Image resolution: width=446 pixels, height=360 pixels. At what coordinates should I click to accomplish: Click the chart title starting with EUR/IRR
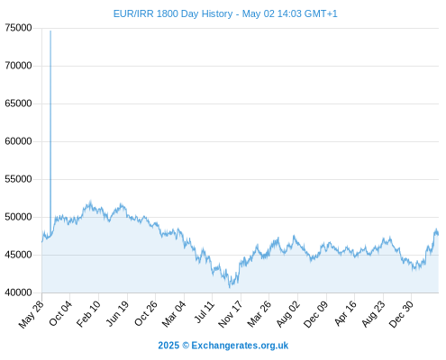click(x=225, y=13)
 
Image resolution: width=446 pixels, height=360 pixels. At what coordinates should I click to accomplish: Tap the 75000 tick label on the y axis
click(x=18, y=28)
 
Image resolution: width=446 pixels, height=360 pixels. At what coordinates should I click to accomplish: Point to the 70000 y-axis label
click(x=18, y=66)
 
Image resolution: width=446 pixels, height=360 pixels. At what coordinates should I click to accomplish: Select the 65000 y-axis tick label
click(x=18, y=103)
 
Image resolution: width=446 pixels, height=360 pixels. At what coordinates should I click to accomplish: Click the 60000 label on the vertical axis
click(x=18, y=141)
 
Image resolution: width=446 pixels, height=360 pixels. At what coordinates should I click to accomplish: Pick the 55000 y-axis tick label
click(x=18, y=179)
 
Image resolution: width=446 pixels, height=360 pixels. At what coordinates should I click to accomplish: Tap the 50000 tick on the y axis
click(x=18, y=217)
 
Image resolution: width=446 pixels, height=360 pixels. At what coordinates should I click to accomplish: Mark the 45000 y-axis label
click(x=18, y=255)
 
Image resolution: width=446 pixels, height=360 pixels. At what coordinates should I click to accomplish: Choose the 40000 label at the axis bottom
click(x=18, y=292)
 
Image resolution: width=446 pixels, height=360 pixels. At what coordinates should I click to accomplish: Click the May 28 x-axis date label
click(x=32, y=314)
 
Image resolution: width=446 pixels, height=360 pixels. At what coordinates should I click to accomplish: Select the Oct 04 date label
click(x=60, y=313)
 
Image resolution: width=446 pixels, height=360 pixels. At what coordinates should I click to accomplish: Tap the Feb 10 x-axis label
click(x=88, y=313)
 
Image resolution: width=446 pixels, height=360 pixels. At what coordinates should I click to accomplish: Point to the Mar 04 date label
click(x=174, y=313)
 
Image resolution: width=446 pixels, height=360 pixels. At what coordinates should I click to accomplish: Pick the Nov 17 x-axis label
click(x=230, y=314)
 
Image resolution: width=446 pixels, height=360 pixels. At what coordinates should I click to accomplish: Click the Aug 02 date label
click(x=288, y=313)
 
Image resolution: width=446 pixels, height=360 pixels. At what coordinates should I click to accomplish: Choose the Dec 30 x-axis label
click(x=401, y=314)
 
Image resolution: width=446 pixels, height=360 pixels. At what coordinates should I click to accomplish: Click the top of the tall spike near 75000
click(x=50, y=31)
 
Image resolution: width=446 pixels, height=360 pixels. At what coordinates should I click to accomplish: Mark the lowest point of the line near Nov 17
click(x=230, y=287)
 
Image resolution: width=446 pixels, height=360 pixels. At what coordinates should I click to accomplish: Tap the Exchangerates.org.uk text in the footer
click(x=240, y=346)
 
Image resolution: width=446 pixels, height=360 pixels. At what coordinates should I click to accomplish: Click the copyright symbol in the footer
click(x=186, y=346)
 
